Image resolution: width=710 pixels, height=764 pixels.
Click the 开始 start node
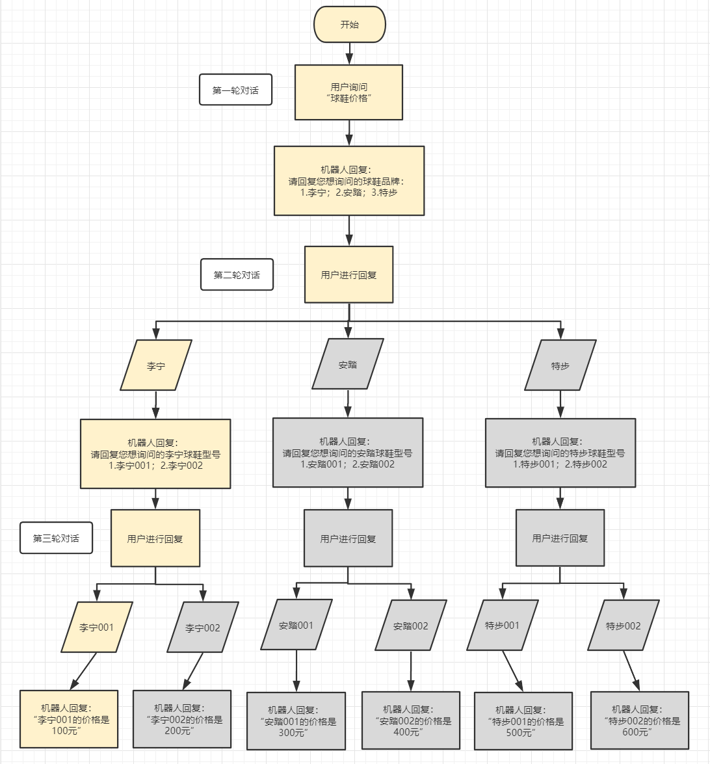[x=350, y=25]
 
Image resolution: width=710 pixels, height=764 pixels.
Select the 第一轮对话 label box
[x=235, y=90]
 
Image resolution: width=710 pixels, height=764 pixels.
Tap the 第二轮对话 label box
[x=237, y=275]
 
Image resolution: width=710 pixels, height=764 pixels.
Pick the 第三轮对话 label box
[x=56, y=538]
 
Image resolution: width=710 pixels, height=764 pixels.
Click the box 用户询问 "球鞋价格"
[x=348, y=92]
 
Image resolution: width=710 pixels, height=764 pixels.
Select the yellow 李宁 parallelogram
[x=156, y=365]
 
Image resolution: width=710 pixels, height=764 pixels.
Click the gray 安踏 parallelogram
[x=348, y=364]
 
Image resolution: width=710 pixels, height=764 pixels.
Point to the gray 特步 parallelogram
[x=560, y=365]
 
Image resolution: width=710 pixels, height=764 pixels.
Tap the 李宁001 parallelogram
[x=97, y=627]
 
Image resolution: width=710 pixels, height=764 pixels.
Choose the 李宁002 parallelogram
[x=203, y=627]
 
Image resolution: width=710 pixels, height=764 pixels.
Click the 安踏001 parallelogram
[x=296, y=625]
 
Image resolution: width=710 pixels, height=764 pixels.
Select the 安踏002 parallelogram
[x=411, y=626]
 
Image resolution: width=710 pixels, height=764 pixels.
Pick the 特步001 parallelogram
[x=503, y=625]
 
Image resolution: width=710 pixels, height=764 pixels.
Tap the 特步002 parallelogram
[x=624, y=626]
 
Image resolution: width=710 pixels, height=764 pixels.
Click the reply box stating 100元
[x=69, y=719]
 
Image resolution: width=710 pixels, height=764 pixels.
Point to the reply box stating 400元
[x=411, y=720]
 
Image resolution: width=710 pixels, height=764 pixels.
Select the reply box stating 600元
[x=639, y=720]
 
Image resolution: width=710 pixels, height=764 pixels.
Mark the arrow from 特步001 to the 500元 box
[x=513, y=671]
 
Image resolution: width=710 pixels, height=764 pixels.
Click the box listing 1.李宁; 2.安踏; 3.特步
[x=349, y=181]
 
